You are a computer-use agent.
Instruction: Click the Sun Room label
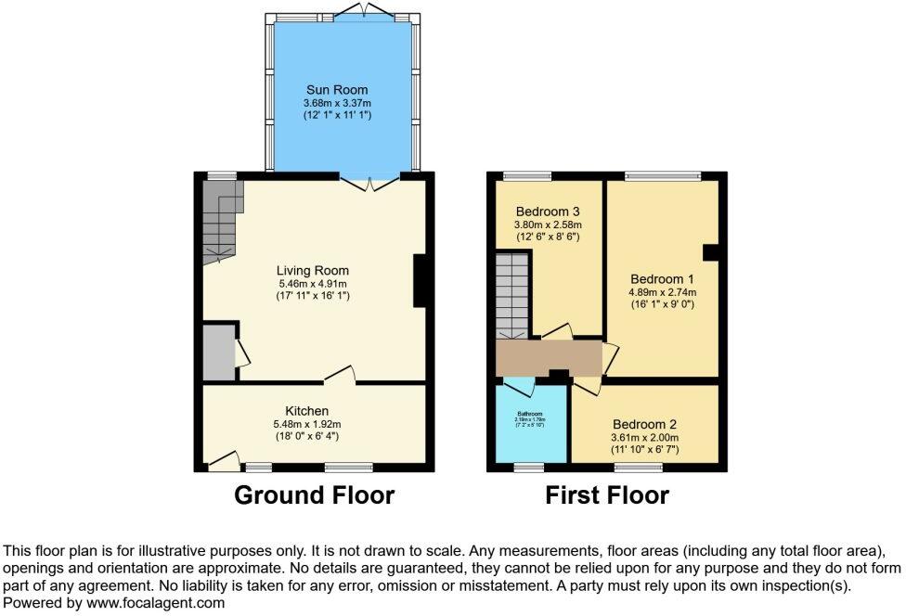pos(330,90)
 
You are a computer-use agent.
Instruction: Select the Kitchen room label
pos(306,411)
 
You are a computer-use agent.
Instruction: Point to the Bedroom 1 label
pos(662,278)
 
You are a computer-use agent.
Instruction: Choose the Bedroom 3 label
pos(547,211)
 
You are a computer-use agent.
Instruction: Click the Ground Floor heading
pos(314,495)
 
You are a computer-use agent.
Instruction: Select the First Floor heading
pos(606,495)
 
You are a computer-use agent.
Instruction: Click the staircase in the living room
pos(220,220)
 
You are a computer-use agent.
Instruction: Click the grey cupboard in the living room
pos(219,352)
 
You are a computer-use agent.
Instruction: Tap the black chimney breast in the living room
pos(420,280)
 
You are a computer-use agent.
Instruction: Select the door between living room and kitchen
pos(340,374)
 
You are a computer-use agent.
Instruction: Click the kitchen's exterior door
pos(223,458)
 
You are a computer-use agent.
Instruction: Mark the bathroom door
pos(518,384)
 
